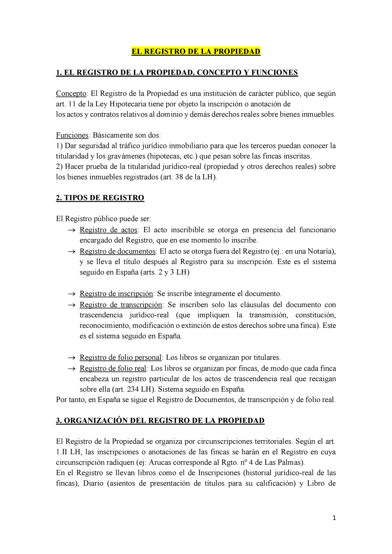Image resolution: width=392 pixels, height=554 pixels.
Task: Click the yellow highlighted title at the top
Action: (x=196, y=52)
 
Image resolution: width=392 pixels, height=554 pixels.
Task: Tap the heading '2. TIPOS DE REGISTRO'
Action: (x=100, y=198)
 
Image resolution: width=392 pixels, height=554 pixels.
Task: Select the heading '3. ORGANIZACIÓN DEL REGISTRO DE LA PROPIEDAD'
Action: (x=160, y=420)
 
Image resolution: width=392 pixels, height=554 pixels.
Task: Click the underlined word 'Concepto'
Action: (x=71, y=94)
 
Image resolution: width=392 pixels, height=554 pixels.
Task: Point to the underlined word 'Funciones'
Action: (x=72, y=135)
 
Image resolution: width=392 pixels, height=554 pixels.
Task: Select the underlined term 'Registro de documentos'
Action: (x=117, y=251)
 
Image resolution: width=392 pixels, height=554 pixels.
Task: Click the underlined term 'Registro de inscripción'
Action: (x=116, y=294)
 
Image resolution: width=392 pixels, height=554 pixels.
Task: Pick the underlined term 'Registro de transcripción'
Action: (x=121, y=305)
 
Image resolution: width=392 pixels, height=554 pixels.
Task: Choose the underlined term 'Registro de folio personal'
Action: (x=121, y=357)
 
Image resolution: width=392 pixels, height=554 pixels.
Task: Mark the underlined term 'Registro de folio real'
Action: (x=113, y=369)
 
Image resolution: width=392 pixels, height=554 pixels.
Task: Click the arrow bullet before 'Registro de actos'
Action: (x=71, y=230)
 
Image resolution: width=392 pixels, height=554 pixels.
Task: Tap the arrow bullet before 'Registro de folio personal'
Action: (x=71, y=358)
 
